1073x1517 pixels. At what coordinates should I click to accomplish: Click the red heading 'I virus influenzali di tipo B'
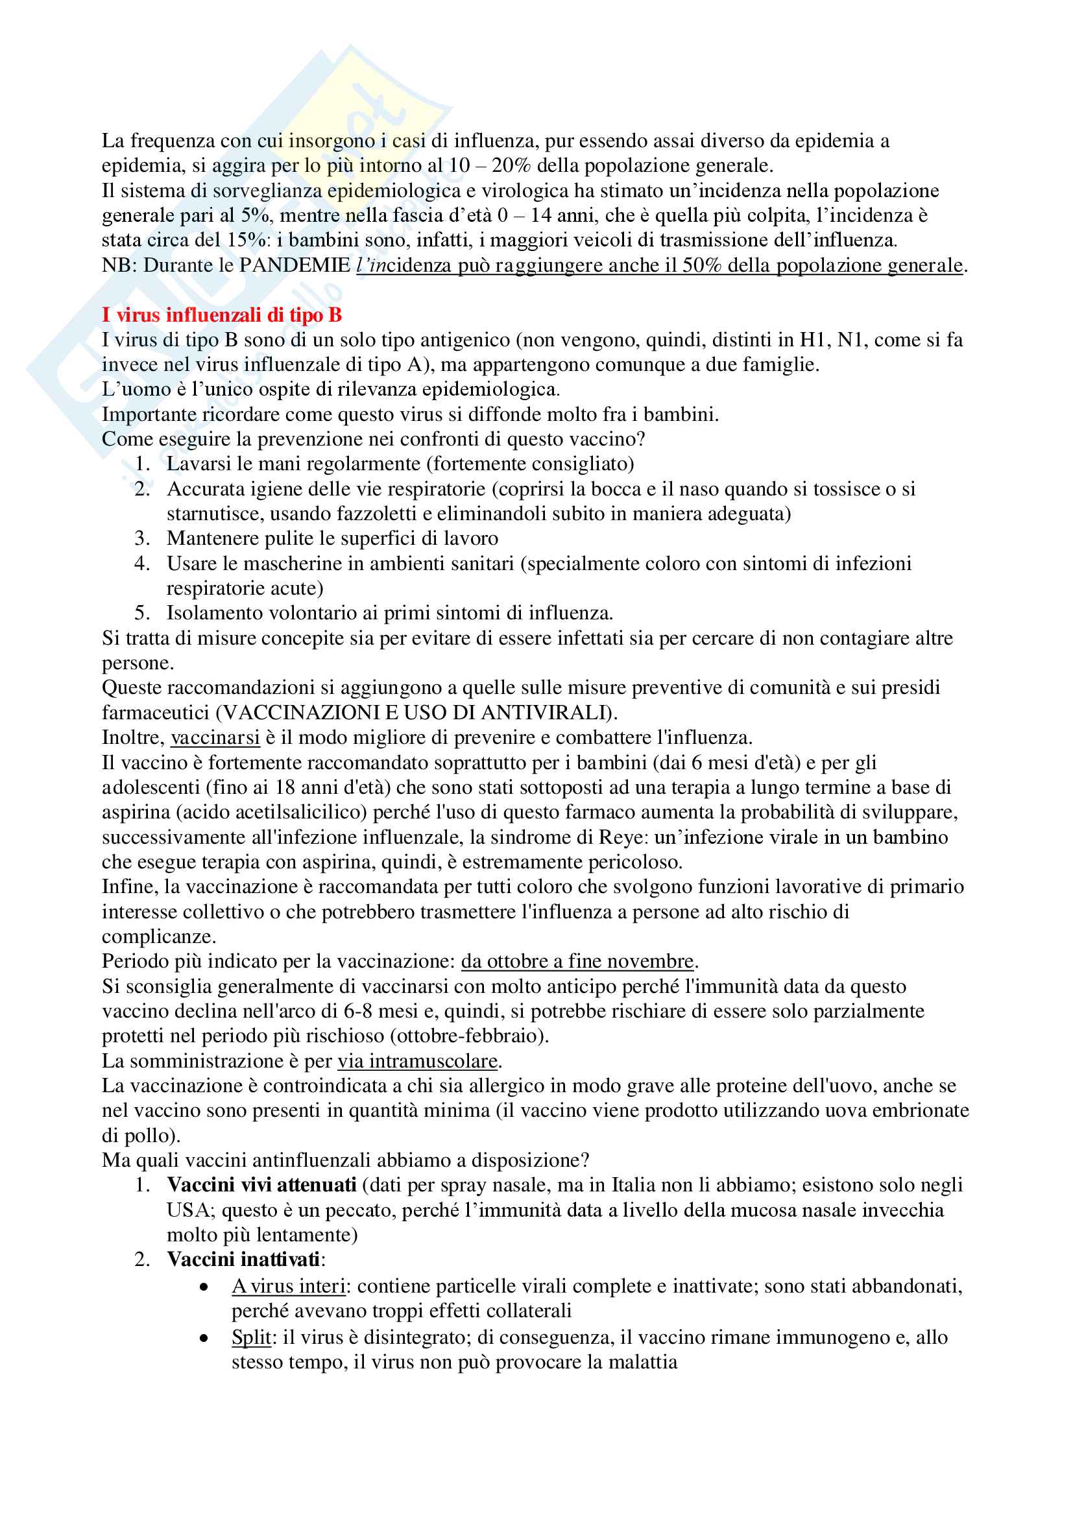(x=221, y=315)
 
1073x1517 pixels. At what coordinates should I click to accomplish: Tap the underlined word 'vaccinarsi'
(x=215, y=737)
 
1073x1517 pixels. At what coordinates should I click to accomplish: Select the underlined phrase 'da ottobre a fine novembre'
(x=577, y=961)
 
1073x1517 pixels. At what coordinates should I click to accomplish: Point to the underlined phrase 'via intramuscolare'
(x=417, y=1060)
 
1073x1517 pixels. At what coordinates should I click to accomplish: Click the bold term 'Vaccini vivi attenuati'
(x=261, y=1185)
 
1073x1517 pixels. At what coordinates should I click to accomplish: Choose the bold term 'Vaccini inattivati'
(x=243, y=1260)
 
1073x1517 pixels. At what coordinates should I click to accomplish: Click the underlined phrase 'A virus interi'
(x=288, y=1285)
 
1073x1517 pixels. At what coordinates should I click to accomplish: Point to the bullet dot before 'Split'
(x=204, y=1339)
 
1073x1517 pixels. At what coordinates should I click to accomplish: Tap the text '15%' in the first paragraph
(x=247, y=240)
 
